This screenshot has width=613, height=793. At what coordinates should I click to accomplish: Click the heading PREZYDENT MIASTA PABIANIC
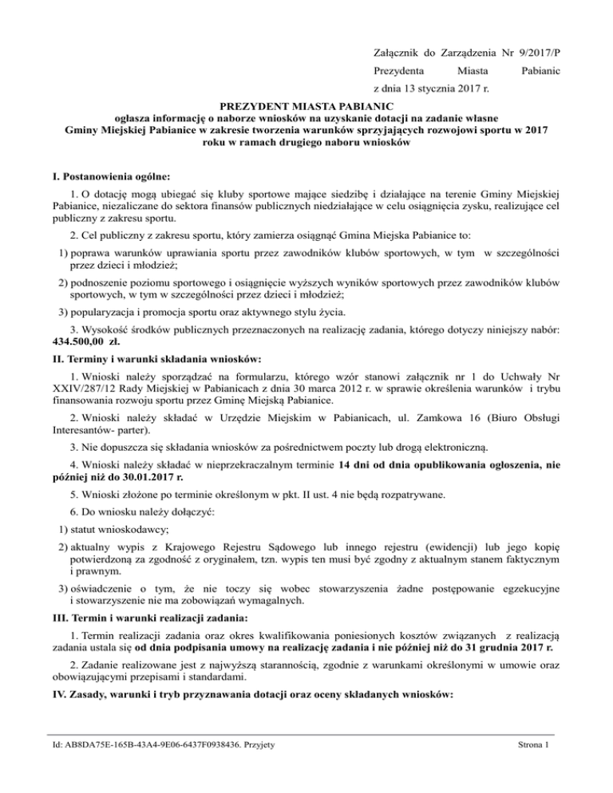306,105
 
